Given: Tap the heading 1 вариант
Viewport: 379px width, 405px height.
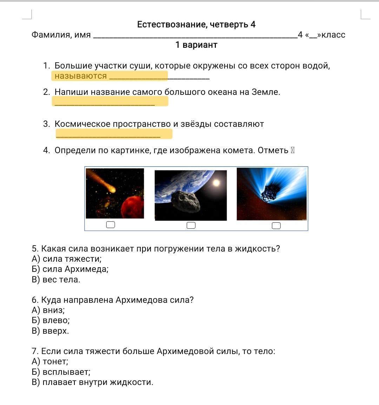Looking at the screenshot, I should coord(196,45).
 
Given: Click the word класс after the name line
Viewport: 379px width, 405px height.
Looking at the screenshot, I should coord(333,35).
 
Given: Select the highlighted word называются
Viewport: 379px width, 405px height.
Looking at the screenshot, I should coord(80,76).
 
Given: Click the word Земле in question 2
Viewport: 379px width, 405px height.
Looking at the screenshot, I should coord(266,92).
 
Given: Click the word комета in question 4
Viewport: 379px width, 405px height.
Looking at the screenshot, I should coord(238,150).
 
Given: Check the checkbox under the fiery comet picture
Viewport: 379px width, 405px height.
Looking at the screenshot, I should coord(111,225).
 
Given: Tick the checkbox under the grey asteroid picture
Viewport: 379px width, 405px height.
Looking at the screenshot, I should coord(191,225).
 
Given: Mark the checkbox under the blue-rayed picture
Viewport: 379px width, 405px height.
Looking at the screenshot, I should coord(276,226).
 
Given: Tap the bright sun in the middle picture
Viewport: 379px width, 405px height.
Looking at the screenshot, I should coord(216,183).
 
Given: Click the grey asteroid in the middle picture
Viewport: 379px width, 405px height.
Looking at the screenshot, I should coord(186,202).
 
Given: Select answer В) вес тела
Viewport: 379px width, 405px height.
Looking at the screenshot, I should coord(56,280).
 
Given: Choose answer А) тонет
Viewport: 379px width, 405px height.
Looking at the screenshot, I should coord(50,361).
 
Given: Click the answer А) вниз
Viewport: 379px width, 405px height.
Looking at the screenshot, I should coord(48,310).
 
